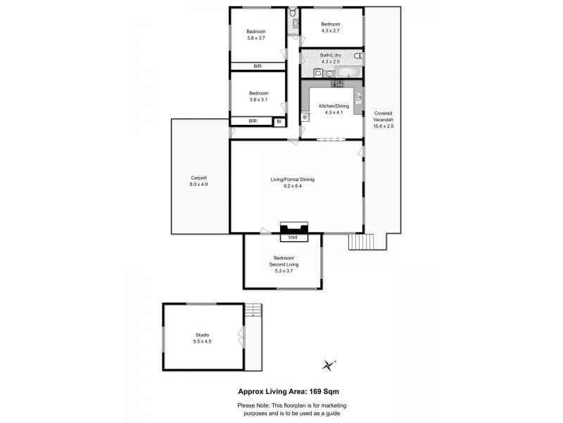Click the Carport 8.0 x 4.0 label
pyautogui.click(x=198, y=180)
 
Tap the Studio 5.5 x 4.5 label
pyautogui.click(x=202, y=338)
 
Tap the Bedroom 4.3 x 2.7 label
pyautogui.click(x=330, y=27)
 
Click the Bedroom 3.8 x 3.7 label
pyautogui.click(x=256, y=35)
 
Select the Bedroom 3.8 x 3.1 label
pyautogui.click(x=258, y=97)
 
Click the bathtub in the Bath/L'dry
pyautogui.click(x=348, y=72)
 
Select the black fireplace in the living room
pyautogui.click(x=293, y=227)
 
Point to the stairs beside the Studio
pyautogui.click(x=254, y=311)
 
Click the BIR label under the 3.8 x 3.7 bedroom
pyautogui.click(x=258, y=66)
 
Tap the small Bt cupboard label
pyautogui.click(x=279, y=121)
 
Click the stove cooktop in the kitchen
pyautogui.click(x=336, y=83)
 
